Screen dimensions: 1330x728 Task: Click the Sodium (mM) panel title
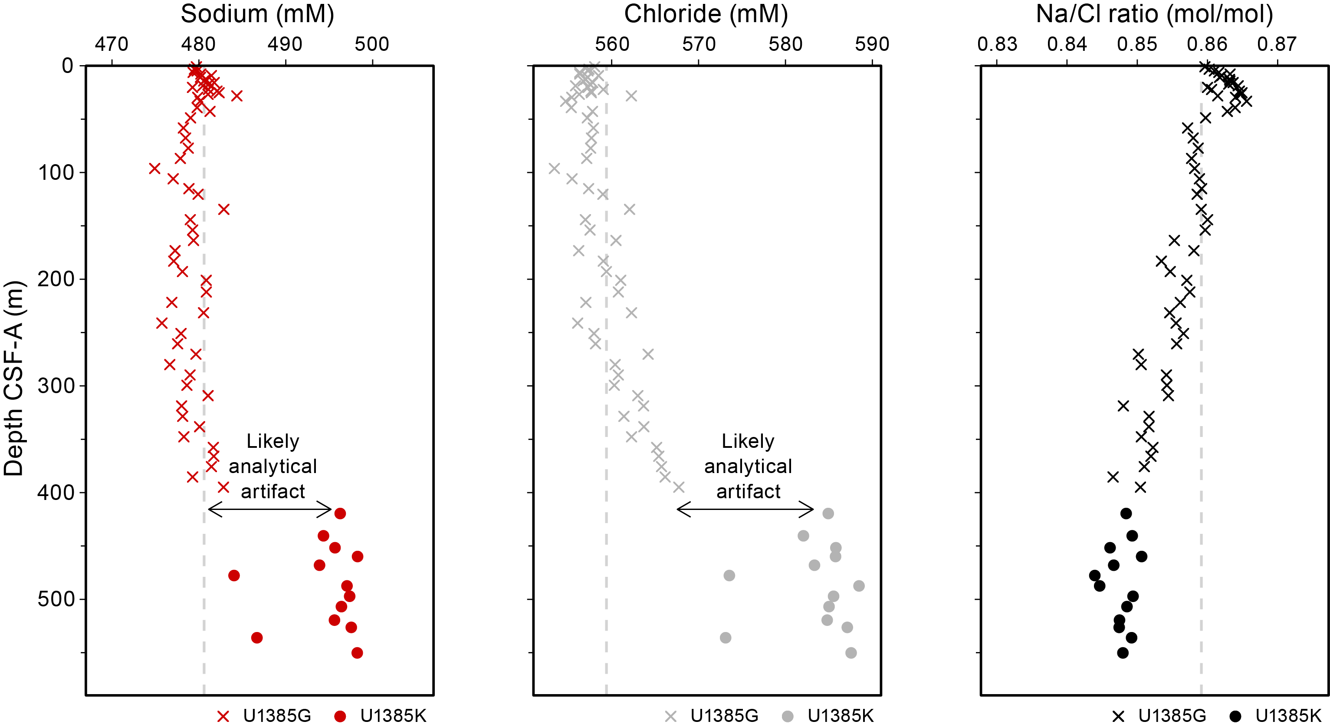[257, 14]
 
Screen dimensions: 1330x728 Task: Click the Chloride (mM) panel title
[706, 14]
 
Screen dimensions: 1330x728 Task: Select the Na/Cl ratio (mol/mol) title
[1154, 14]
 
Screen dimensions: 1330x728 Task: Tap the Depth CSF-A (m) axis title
[14, 378]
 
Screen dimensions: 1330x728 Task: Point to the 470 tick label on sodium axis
[112, 44]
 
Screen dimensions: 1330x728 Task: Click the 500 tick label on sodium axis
[372, 44]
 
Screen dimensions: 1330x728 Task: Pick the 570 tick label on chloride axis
[699, 44]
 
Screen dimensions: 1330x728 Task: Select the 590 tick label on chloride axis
[872, 44]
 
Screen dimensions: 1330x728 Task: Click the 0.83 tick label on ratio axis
[997, 44]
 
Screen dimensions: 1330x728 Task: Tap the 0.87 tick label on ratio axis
[1277, 44]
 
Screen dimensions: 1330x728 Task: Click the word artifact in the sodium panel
[273, 491]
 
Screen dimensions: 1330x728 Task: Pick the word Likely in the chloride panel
[748, 442]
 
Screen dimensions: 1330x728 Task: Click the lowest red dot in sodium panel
[357, 653]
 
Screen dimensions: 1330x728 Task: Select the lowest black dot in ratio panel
[1123, 653]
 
